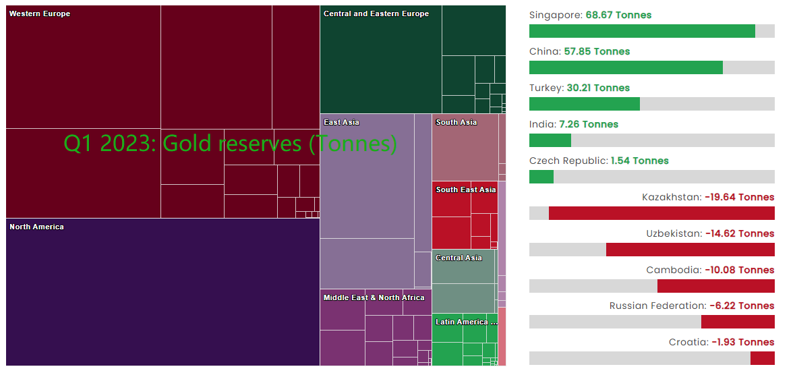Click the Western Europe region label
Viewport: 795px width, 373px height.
coord(40,13)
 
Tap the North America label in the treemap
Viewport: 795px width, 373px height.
coord(36,227)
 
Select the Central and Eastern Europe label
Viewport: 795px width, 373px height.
coord(376,13)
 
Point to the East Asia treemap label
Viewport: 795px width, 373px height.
coord(341,122)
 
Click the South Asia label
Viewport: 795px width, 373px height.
coord(456,122)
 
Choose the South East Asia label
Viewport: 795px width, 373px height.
coord(465,190)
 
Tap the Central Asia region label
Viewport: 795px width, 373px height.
coord(459,258)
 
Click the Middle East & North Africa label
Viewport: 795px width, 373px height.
coord(374,297)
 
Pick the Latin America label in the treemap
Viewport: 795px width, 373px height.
coord(466,322)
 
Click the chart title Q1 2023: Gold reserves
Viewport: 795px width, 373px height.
coord(230,143)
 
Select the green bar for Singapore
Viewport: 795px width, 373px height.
coord(642,31)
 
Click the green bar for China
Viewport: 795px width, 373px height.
coord(626,67)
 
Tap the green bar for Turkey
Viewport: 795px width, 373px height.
coord(584,104)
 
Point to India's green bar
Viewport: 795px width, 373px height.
coord(550,140)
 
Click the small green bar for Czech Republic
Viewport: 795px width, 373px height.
coord(541,177)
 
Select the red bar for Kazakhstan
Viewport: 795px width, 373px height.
coord(661,213)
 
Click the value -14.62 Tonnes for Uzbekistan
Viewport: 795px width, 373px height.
coord(740,233)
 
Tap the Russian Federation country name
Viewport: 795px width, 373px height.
coord(657,306)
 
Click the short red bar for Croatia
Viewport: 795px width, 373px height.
coord(763,358)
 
